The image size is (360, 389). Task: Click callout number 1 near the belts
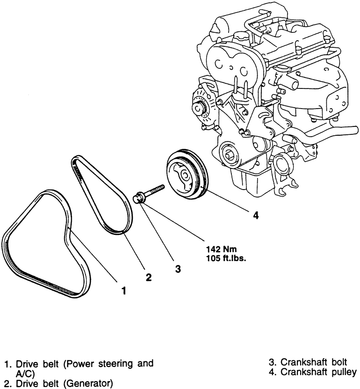coord(124,290)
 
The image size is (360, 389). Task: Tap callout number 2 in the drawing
coord(148,277)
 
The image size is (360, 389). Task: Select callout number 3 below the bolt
coord(178,269)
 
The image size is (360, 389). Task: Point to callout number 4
coord(255,215)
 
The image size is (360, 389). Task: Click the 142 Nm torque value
coord(222,249)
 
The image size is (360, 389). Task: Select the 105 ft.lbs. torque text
coord(226,258)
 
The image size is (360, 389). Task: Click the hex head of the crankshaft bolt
coord(138,198)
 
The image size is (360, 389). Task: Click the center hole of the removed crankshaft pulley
coord(185,176)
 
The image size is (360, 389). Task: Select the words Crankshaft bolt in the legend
coord(314,362)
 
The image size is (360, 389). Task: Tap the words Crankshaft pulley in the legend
coord(318,372)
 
